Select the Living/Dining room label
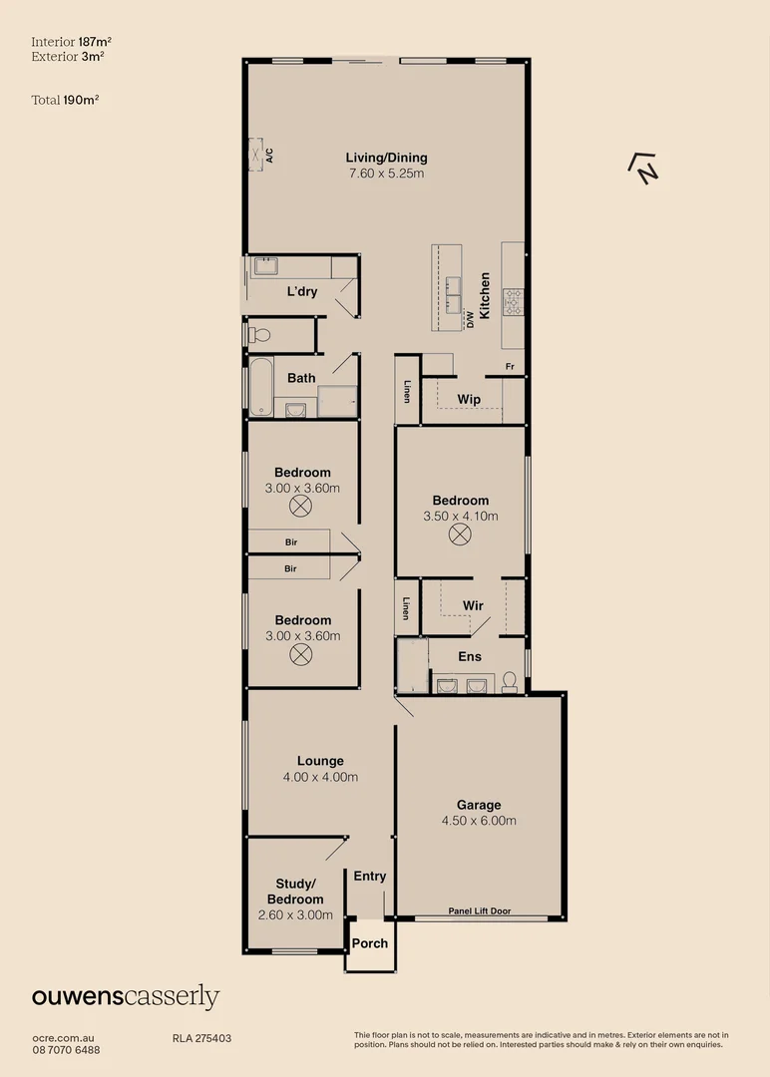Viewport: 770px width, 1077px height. pyautogui.click(x=386, y=158)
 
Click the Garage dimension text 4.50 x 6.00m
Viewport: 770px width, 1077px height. pyautogui.click(x=479, y=821)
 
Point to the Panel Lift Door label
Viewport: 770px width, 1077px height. pyautogui.click(x=480, y=911)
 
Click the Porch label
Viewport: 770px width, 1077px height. pyautogui.click(x=369, y=943)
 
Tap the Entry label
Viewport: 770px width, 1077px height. pyautogui.click(x=369, y=877)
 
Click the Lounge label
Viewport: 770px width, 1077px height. pyautogui.click(x=320, y=761)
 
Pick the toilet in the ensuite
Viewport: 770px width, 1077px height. pyautogui.click(x=510, y=681)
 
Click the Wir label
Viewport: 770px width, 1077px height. pyautogui.click(x=473, y=605)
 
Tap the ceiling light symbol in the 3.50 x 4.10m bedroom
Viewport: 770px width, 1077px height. pyautogui.click(x=459, y=535)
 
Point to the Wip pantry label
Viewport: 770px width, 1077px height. pyautogui.click(x=469, y=399)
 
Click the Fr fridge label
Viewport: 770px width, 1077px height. pyautogui.click(x=510, y=367)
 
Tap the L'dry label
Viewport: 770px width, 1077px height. pyautogui.click(x=302, y=291)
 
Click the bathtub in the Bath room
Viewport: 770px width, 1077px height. pyautogui.click(x=261, y=387)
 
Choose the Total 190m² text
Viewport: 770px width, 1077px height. pyautogui.click(x=65, y=100)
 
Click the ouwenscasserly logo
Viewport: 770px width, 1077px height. pyautogui.click(x=126, y=996)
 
